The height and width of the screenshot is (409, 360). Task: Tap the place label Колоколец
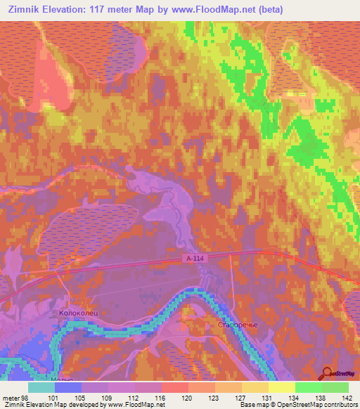(x=72, y=314)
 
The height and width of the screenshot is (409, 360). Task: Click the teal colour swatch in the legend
(x=41, y=387)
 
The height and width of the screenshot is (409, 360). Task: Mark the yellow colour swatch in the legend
(x=281, y=387)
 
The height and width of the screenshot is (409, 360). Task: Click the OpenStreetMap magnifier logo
(x=328, y=373)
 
